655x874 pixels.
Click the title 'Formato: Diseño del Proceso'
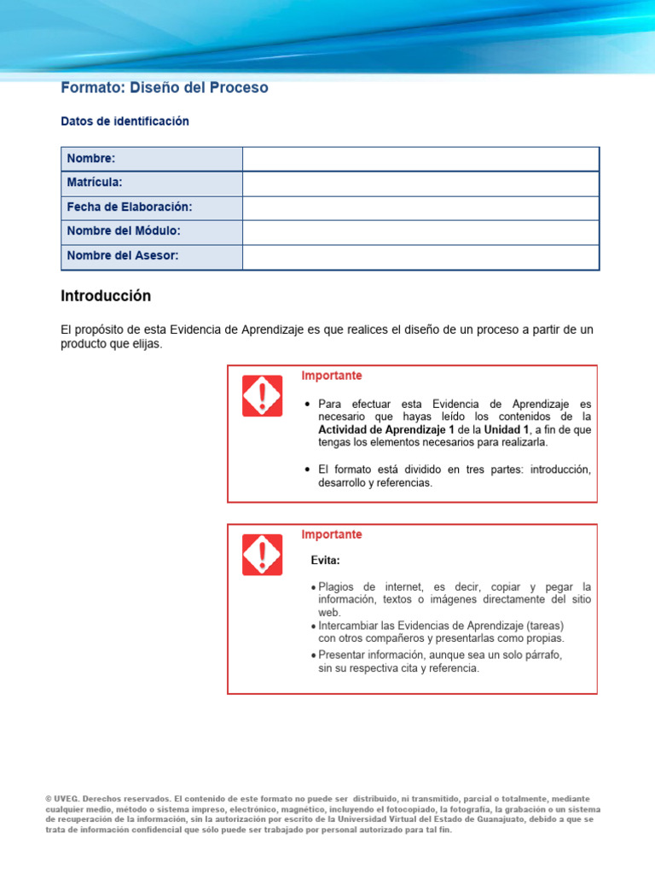(165, 88)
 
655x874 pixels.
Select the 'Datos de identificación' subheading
(125, 122)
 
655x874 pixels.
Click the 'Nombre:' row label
(91, 159)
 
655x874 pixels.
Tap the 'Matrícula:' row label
(95, 183)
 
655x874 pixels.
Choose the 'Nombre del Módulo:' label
(124, 231)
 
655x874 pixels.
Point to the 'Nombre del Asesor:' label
(123, 256)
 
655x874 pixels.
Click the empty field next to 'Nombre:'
(420, 159)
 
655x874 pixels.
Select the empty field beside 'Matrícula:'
(420, 184)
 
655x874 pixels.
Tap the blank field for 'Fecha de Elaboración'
(420, 208)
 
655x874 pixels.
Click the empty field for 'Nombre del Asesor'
(420, 257)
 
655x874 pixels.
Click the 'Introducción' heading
(106, 296)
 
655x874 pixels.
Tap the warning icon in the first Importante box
(262, 396)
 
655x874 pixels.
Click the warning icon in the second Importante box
(262, 555)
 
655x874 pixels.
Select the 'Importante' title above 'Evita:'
(332, 534)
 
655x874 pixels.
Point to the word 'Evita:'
(325, 561)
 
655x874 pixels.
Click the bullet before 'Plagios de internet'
(313, 588)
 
